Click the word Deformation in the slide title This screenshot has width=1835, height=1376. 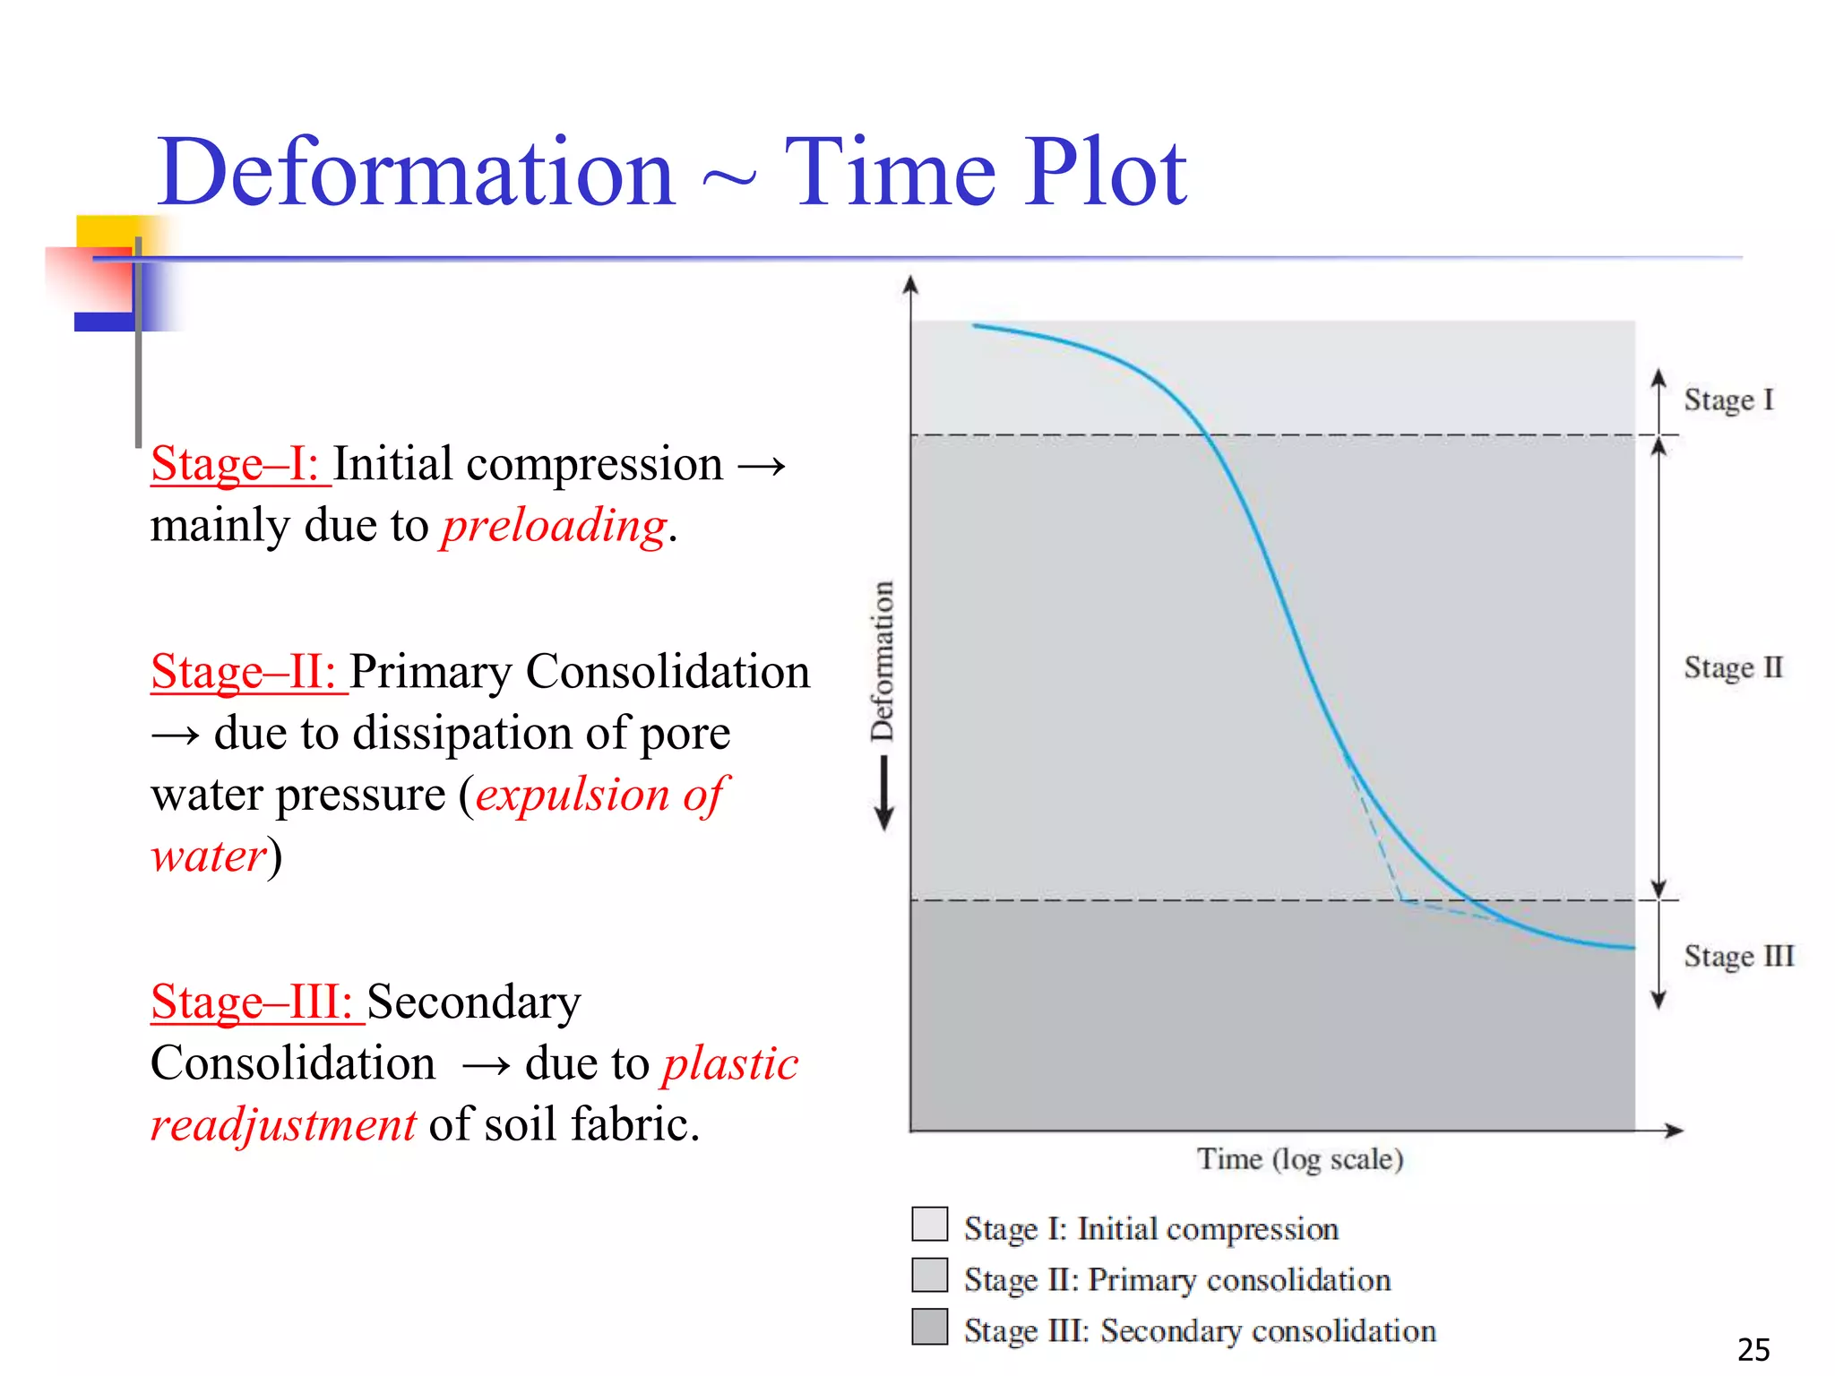coord(416,173)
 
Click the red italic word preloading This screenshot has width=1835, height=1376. coord(554,526)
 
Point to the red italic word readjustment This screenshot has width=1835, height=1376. coord(283,1125)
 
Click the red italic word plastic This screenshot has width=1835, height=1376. coord(730,1064)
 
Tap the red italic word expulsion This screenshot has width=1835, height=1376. coord(573,795)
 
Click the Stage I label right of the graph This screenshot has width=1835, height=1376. coord(1727,400)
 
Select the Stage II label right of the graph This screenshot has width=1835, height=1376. coord(1733,668)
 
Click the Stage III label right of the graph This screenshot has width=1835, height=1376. coord(1738,957)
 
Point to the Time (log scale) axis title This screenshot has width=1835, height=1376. coord(1300,1160)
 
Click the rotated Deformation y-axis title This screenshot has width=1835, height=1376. coord(883,661)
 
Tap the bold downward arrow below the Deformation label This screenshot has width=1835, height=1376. coord(883,793)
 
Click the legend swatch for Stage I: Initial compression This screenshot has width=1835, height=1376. coord(929,1224)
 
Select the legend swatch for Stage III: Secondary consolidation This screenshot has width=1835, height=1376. coord(929,1327)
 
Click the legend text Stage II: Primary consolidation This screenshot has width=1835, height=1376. coord(1176,1280)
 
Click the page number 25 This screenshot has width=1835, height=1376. coord(1753,1349)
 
